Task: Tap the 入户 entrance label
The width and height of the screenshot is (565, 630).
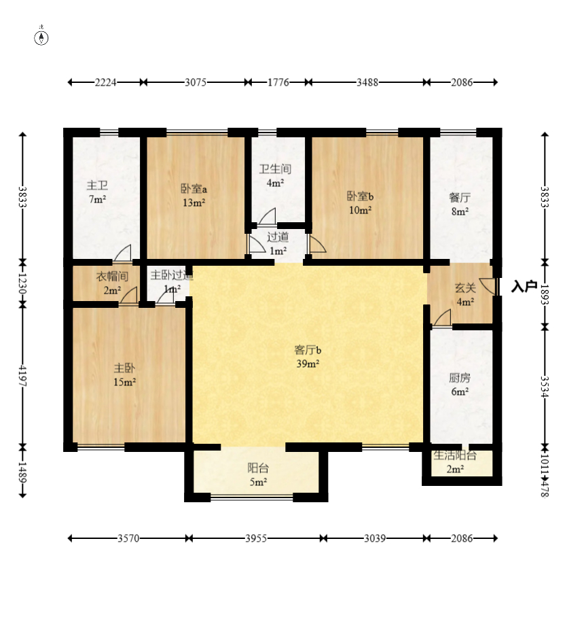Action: click(x=524, y=287)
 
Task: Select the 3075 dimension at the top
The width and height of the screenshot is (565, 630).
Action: click(x=196, y=82)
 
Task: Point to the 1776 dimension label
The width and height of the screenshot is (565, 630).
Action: click(x=278, y=82)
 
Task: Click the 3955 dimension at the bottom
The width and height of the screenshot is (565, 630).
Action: click(x=256, y=538)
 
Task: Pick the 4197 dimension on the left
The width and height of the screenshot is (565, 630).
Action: click(x=22, y=376)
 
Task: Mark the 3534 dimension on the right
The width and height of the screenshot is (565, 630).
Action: click(x=545, y=387)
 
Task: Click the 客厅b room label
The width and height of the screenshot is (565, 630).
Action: click(x=308, y=351)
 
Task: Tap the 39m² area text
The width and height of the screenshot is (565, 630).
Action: click(x=308, y=364)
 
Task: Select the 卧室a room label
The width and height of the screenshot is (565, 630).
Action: click(x=194, y=189)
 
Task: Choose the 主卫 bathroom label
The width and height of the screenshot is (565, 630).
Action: click(x=97, y=186)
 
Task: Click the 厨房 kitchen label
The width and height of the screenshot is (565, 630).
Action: click(x=460, y=378)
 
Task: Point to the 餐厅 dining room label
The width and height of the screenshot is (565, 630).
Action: click(x=460, y=198)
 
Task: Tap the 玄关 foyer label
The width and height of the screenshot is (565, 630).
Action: click(x=465, y=288)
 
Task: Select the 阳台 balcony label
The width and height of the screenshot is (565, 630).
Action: click(x=258, y=468)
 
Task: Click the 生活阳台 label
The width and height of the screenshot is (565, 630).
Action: click(x=455, y=455)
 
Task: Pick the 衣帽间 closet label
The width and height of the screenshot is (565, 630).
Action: click(x=112, y=277)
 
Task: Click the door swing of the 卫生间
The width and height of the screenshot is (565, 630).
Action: click(x=267, y=217)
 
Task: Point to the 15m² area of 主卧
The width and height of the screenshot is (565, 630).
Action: click(x=124, y=382)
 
